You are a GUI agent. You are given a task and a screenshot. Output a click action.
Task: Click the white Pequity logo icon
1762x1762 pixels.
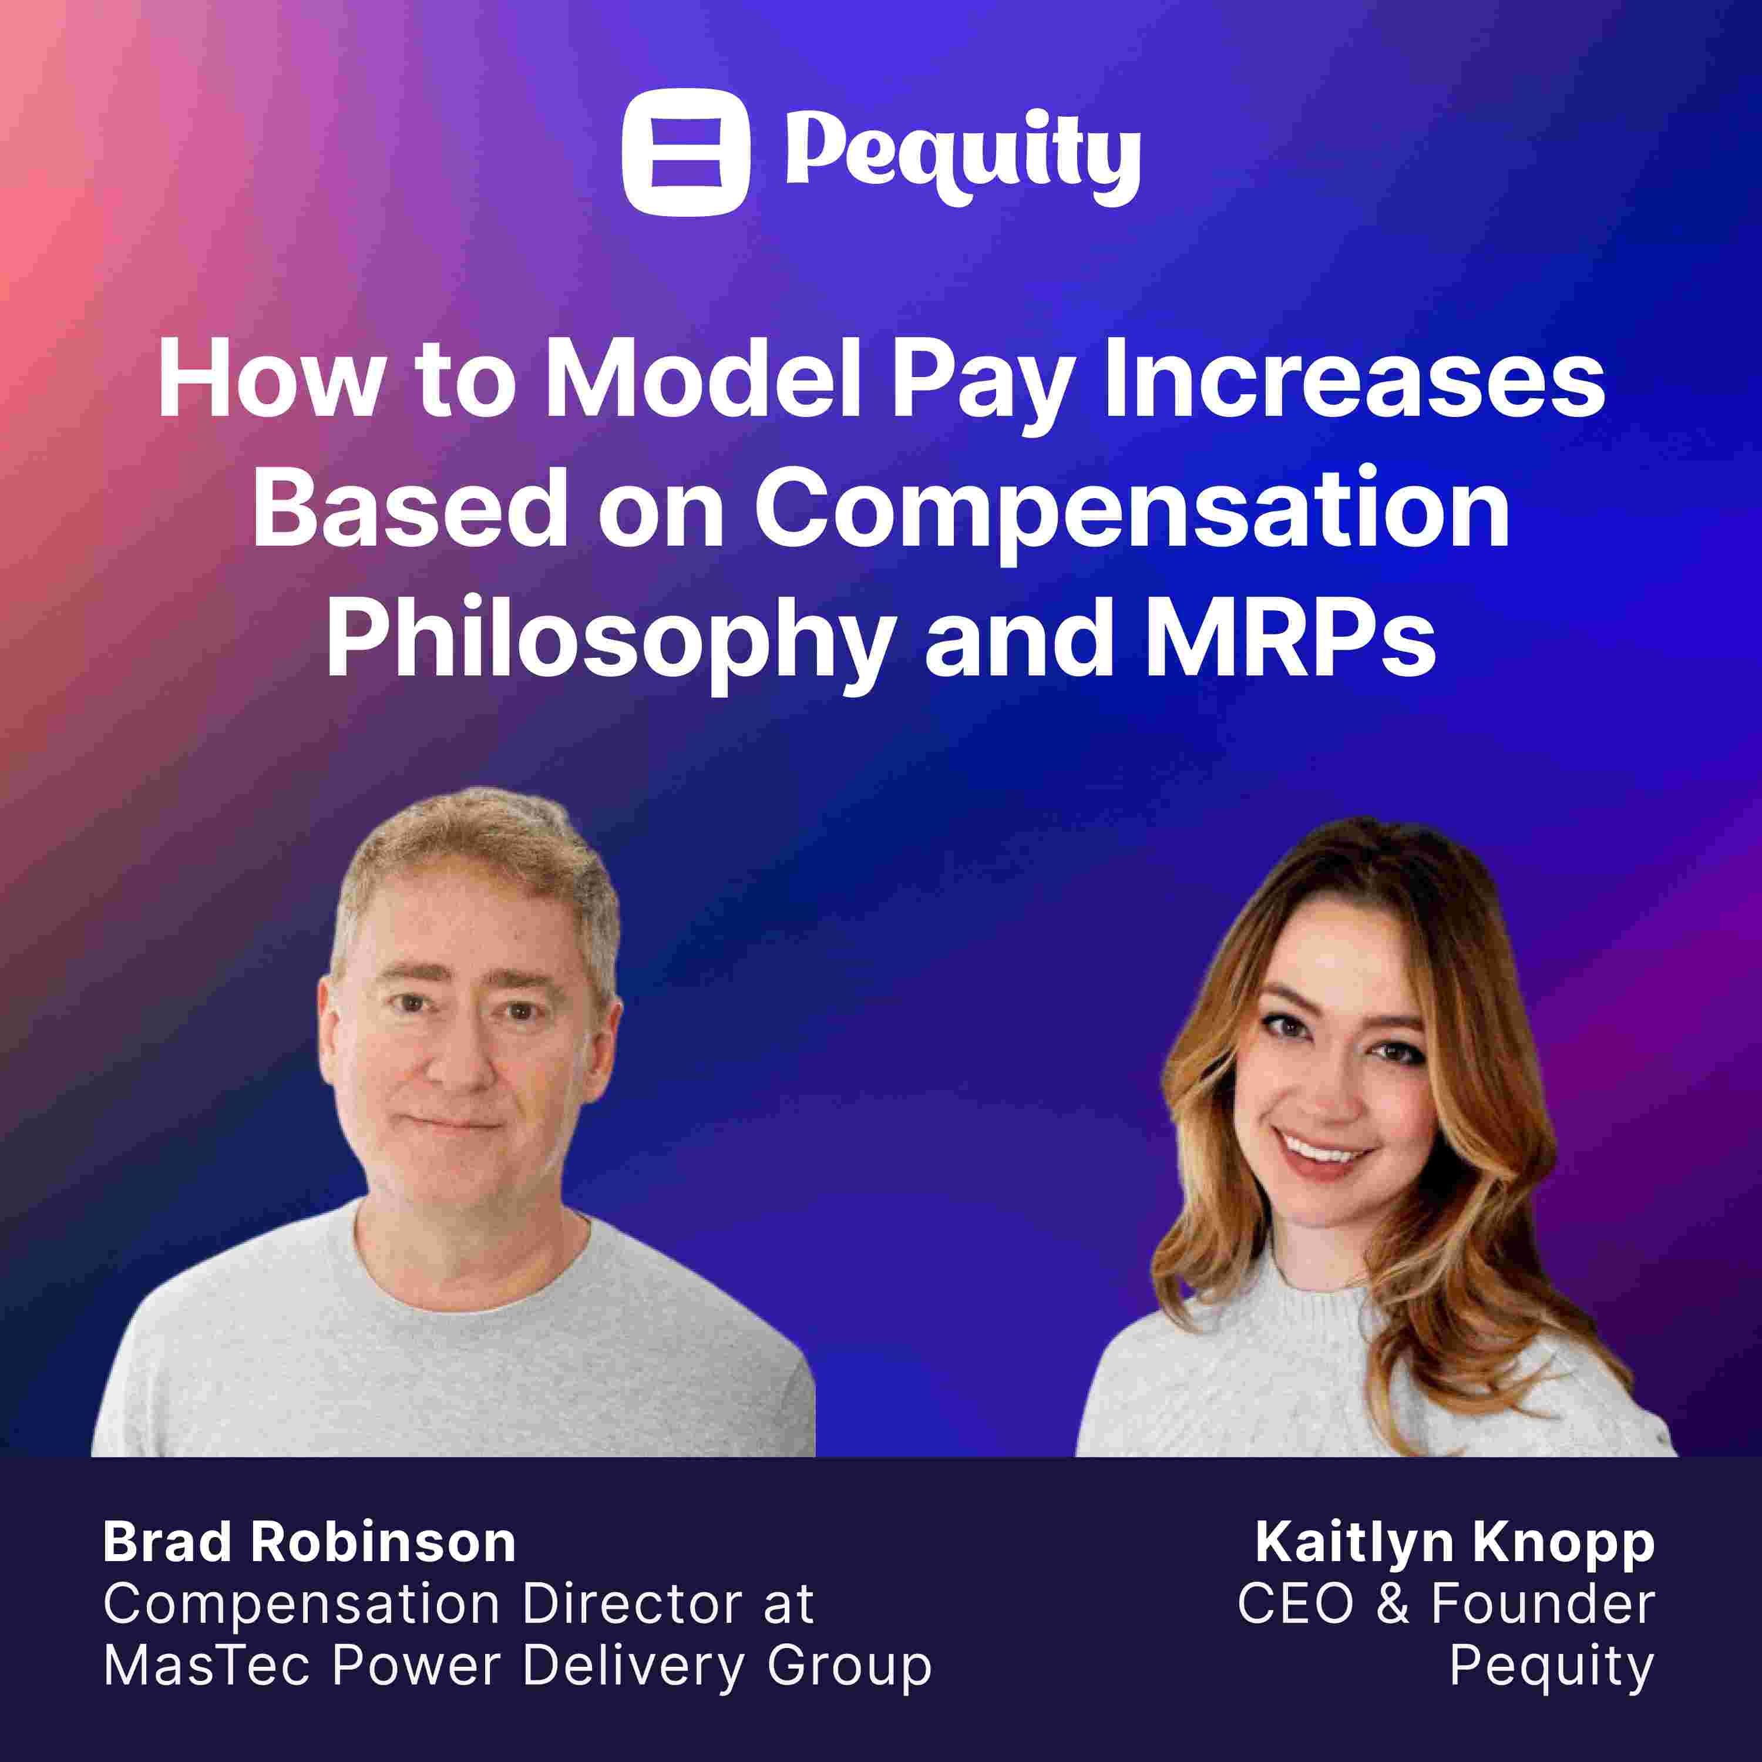686,152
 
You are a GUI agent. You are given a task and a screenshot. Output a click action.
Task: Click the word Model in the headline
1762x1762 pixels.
702,381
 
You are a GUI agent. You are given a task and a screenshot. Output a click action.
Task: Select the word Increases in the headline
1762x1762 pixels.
1354,381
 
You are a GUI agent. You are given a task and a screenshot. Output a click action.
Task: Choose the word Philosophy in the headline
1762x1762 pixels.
609,641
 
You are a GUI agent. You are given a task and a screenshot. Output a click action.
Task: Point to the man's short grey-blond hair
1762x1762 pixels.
474,866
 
